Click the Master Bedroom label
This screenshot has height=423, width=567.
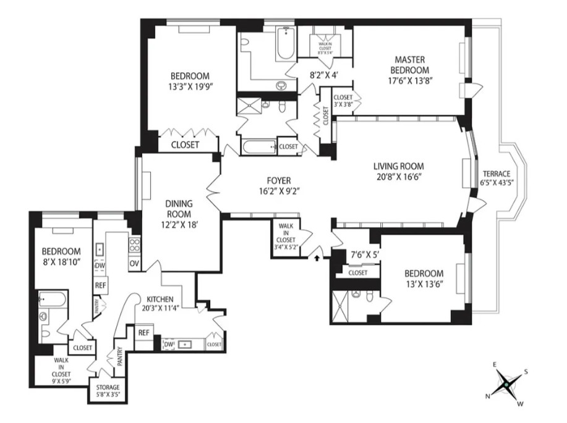click(x=409, y=64)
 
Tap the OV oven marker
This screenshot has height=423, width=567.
click(x=134, y=263)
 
